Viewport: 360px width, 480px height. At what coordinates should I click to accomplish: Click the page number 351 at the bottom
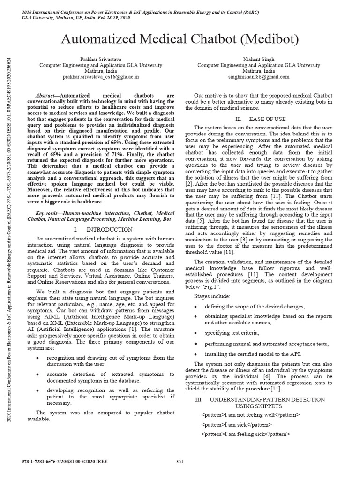coord(180,462)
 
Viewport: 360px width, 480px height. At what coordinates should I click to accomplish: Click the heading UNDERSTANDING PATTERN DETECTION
coord(267,399)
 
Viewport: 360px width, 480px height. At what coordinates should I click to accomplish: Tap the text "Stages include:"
coord(212,296)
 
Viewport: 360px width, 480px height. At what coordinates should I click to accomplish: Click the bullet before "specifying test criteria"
coord(195,333)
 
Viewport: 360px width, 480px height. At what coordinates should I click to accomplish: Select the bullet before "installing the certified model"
coord(195,354)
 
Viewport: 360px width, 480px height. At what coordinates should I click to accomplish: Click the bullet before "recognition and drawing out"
coord(38,358)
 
